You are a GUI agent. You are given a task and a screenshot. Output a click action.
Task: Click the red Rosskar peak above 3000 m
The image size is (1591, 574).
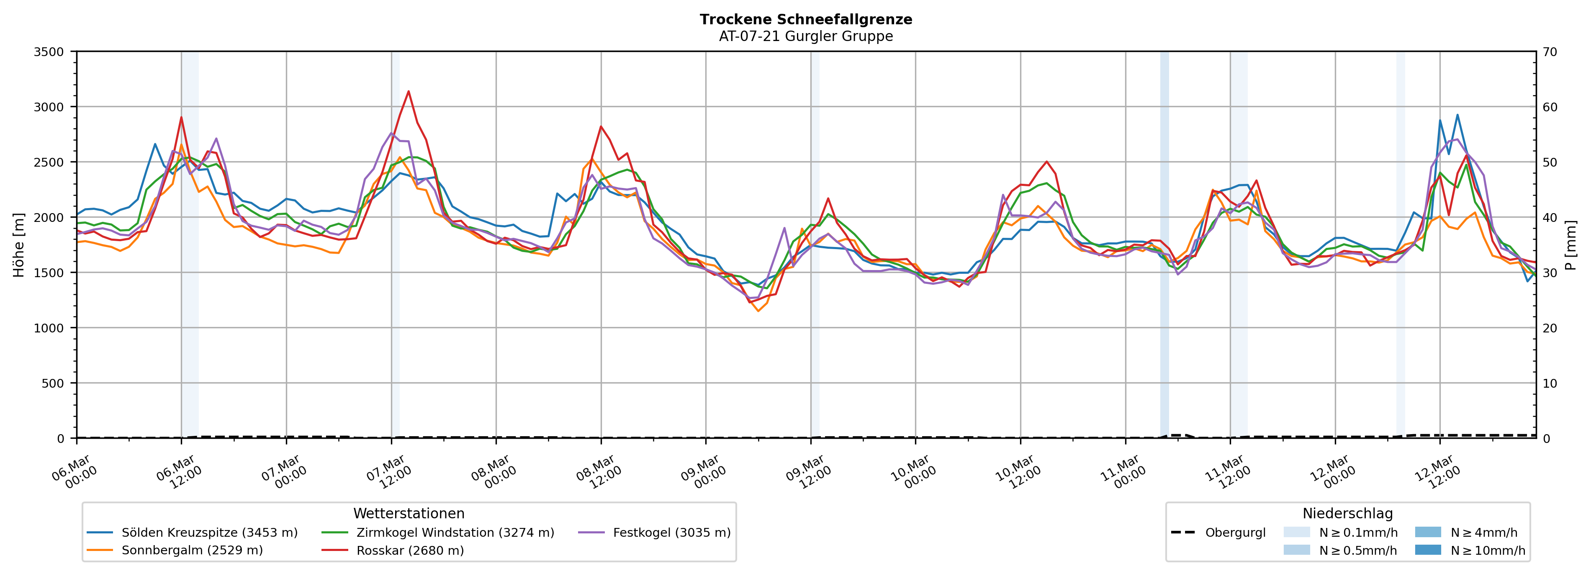tap(408, 91)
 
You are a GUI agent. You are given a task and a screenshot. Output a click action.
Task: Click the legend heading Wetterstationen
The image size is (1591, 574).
tap(409, 513)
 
